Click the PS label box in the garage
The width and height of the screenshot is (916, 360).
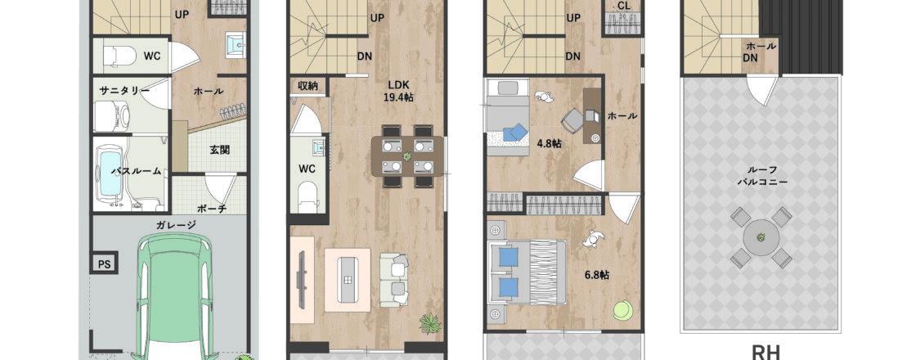pos(104,263)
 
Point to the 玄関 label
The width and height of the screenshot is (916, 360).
pos(219,150)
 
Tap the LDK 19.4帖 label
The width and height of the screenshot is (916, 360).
pos(397,92)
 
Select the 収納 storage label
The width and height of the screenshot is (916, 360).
pos(308,86)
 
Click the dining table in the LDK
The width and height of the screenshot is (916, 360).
pos(407,156)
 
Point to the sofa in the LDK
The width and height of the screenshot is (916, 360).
pos(394,280)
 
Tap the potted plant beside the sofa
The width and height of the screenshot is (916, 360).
pos(430,323)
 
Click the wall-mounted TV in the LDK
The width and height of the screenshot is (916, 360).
pos(301,277)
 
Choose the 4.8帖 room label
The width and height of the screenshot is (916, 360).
pos(549,143)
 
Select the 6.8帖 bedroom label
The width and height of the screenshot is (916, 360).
pos(596,275)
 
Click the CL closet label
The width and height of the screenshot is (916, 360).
pos(623,5)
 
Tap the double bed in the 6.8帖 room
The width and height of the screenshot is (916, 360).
pos(528,272)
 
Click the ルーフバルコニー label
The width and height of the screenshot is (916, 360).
pos(761,176)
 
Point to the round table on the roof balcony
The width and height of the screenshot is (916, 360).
pos(761,237)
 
